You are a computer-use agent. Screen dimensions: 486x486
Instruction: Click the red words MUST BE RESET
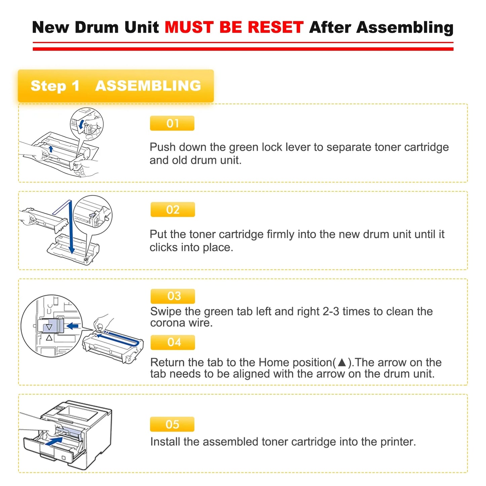click(234, 28)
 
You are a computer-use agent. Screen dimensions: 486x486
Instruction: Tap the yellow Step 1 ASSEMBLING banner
click(116, 86)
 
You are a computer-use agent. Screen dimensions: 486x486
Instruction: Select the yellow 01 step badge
click(172, 123)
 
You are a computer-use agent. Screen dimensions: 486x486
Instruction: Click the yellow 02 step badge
click(173, 210)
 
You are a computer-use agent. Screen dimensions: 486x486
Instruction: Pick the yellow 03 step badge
click(173, 296)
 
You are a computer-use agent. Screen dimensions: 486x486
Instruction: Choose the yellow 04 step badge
click(173, 342)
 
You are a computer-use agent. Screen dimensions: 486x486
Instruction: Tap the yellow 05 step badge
click(172, 424)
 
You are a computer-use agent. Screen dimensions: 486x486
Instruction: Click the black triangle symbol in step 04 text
click(342, 362)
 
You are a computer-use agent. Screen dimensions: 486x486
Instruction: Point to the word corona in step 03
click(167, 323)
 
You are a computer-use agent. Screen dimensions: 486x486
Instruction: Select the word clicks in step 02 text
click(163, 248)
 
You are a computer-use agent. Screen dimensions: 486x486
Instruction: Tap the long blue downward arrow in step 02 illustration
click(71, 229)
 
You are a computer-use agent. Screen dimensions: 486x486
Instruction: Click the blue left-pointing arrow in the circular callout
click(73, 326)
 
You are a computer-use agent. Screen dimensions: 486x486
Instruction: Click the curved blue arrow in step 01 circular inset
click(81, 124)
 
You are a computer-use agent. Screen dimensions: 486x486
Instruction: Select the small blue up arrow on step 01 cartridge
click(51, 149)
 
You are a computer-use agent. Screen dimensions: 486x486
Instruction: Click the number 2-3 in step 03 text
click(331, 312)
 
